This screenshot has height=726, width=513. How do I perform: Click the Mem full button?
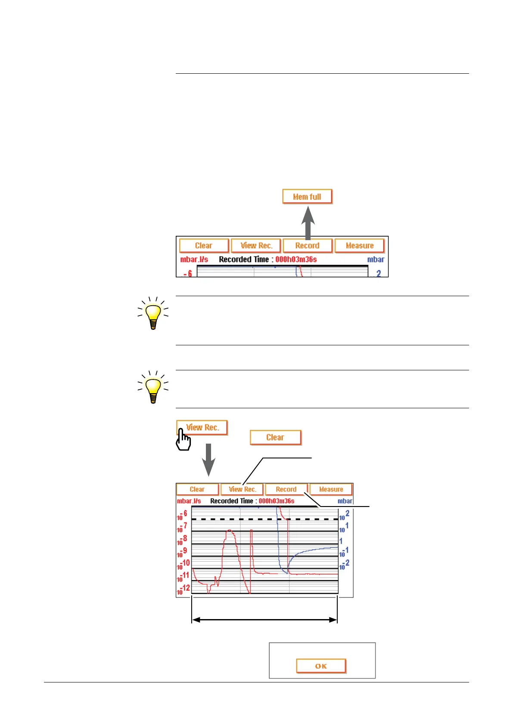coord(307,197)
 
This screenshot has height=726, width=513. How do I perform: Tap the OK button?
coord(321,666)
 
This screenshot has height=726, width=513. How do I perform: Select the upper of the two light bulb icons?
coord(153,314)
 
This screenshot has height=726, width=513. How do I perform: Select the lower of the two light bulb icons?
coord(153,388)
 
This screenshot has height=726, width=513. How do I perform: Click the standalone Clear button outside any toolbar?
coord(275,438)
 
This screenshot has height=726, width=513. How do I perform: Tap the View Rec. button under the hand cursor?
coord(202,428)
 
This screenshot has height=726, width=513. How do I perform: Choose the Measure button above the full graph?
coord(331,489)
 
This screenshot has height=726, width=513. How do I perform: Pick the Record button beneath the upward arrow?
coord(307,246)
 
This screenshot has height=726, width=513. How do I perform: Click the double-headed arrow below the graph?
coord(264,620)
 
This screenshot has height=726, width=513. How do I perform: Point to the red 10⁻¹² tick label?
coord(183,590)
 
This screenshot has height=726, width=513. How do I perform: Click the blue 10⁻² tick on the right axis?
coord(344,565)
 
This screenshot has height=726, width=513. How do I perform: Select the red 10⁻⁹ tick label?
coord(182,553)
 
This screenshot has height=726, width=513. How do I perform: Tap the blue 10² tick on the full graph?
coord(344,516)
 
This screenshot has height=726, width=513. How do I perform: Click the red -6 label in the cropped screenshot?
coord(188,274)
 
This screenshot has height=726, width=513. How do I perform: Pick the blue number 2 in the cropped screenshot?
coord(379,273)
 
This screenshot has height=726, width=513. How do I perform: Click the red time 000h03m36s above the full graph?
coord(276,501)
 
